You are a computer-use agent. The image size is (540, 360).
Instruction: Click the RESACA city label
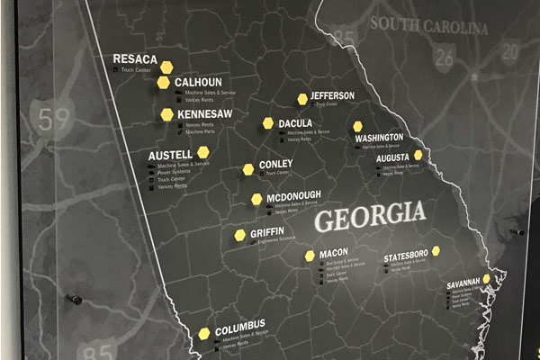click(x=135, y=59)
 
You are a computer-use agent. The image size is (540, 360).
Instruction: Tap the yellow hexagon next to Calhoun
click(x=164, y=83)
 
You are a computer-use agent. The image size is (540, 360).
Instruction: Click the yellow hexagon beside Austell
click(x=203, y=152)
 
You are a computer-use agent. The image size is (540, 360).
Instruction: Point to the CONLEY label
click(x=275, y=165)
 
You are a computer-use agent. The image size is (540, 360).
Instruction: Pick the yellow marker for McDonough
click(x=256, y=199)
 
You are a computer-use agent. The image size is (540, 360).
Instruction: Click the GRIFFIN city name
click(x=266, y=233)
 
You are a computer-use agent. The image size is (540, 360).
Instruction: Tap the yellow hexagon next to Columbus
click(x=204, y=333)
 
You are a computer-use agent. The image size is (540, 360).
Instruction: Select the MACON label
click(x=333, y=253)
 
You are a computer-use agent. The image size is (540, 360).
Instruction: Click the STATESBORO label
click(x=406, y=257)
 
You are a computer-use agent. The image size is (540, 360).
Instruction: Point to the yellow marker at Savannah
click(x=486, y=279)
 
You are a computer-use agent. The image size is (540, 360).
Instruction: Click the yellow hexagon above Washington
click(x=357, y=126)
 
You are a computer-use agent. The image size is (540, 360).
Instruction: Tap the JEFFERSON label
click(x=332, y=96)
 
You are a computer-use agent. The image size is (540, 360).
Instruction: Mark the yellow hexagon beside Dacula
click(x=268, y=122)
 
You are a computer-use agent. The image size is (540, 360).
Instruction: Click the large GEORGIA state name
click(x=369, y=216)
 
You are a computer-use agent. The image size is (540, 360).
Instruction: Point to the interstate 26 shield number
click(x=444, y=59)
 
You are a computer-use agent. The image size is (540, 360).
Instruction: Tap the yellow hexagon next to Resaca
click(x=166, y=66)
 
